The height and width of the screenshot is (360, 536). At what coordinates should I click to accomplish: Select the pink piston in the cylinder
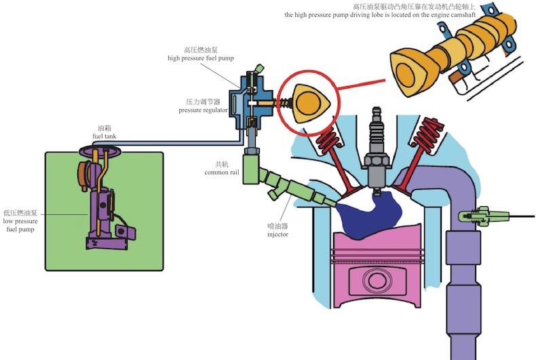tap(377, 264)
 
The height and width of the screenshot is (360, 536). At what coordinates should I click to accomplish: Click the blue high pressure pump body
tap(240, 102)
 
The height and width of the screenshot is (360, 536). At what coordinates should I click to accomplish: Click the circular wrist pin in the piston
tap(377, 281)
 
